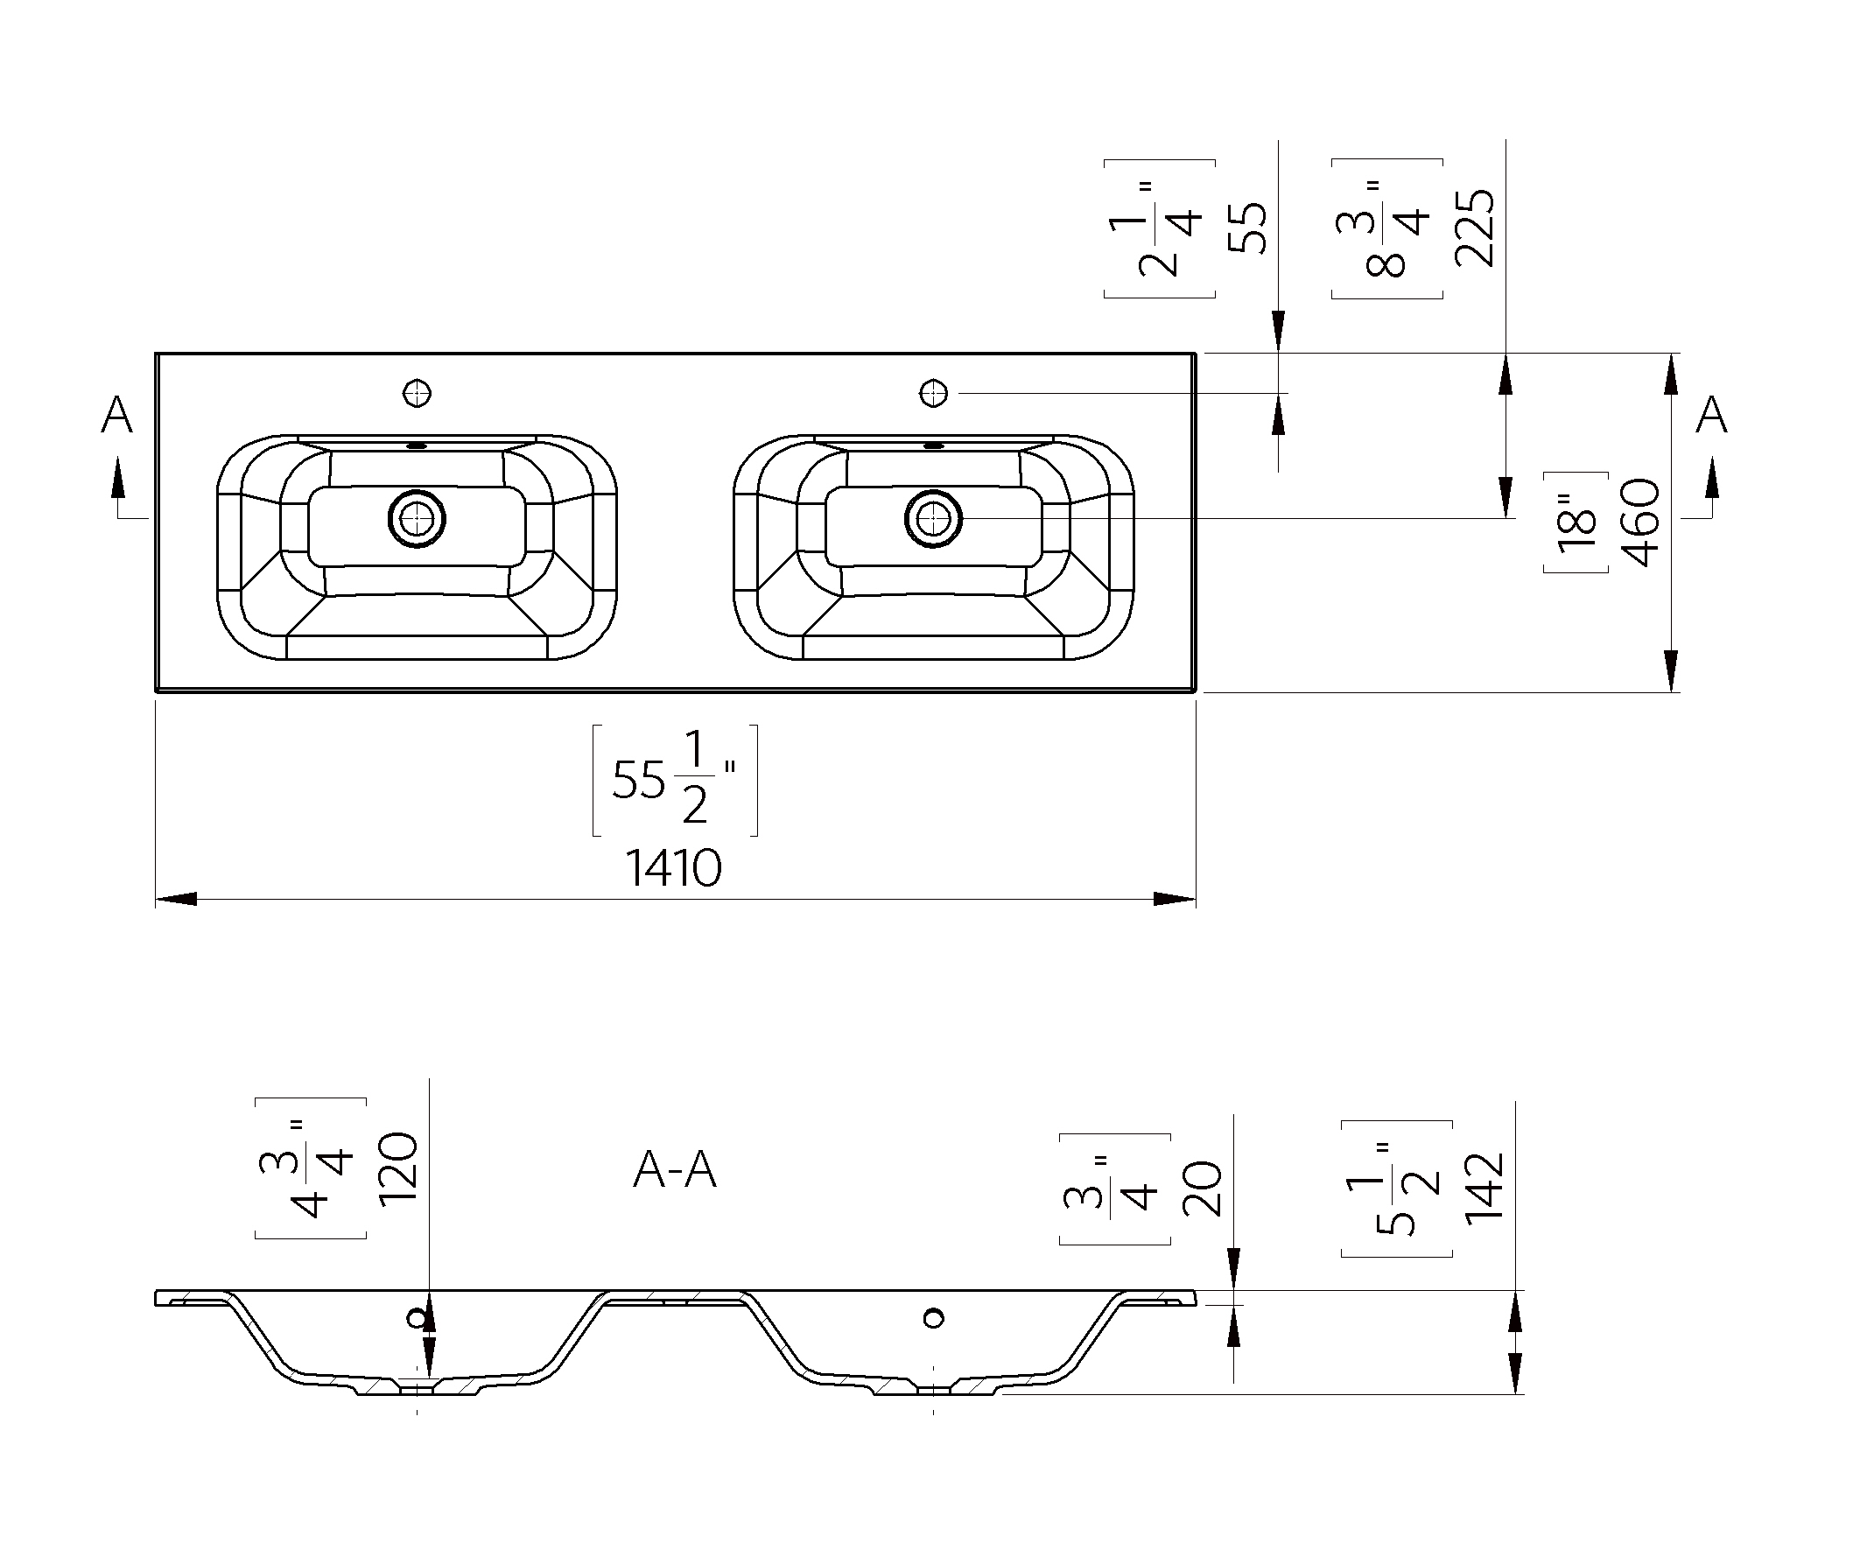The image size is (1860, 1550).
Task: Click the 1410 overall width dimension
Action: coord(674,868)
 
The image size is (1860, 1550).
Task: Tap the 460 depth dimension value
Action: coord(1640,523)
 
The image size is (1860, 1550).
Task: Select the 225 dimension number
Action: coord(1475,228)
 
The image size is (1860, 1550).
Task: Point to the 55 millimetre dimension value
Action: coord(1248,228)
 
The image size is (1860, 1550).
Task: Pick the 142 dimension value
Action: coord(1485,1188)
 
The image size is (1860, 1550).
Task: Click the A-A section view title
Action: coord(675,1170)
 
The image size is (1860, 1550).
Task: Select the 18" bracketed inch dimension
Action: coord(1576,523)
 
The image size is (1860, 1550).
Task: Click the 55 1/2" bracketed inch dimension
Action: coord(675,781)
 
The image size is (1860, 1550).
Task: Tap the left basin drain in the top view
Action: coord(417,518)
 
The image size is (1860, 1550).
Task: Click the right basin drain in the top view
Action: coord(933,518)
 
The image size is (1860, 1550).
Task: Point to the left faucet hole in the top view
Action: coord(417,392)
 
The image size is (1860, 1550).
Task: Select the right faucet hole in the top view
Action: coord(934,392)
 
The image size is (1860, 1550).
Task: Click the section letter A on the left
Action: coord(117,415)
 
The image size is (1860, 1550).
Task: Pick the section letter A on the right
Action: coord(1711,415)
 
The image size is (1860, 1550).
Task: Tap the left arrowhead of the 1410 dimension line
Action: coord(176,899)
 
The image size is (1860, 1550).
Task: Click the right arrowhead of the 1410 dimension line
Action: coord(1175,899)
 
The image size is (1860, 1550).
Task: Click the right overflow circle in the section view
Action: coord(933,1319)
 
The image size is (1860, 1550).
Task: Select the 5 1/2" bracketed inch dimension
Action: coord(1397,1189)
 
